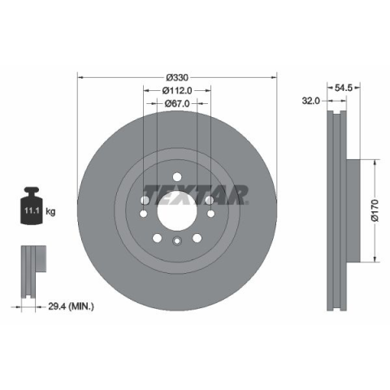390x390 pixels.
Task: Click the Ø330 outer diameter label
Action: tap(177, 78)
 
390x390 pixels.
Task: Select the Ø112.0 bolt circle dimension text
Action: tap(177, 90)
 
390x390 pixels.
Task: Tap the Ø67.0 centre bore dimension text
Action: tap(177, 103)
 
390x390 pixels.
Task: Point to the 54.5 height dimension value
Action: tap(344, 88)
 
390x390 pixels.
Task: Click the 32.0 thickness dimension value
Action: tap(311, 101)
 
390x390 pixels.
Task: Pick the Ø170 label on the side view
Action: tap(375, 210)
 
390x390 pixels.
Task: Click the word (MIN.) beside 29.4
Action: tap(81, 306)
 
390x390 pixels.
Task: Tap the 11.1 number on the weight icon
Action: tap(32, 210)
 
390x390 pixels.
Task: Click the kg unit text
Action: tap(50, 211)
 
